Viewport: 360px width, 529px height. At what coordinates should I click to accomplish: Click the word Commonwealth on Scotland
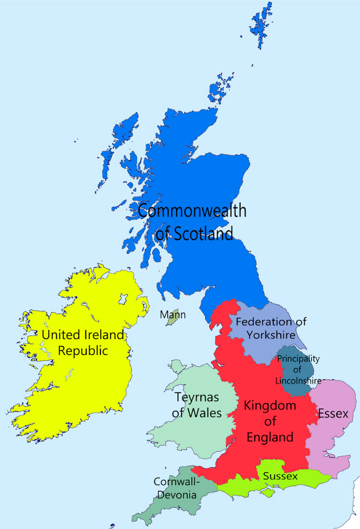tap(192, 211)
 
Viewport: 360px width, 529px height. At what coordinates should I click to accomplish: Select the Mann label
tap(173, 315)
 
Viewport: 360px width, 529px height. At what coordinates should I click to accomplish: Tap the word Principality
tap(298, 359)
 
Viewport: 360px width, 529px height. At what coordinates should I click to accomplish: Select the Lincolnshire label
tap(298, 381)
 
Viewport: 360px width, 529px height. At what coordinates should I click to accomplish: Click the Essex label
tap(333, 413)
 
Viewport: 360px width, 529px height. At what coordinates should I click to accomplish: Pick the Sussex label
tap(280, 476)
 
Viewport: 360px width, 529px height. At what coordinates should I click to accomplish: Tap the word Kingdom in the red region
tap(270, 406)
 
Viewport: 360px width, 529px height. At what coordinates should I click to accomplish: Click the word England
tap(269, 437)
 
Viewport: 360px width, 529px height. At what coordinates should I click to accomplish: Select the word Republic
tap(82, 351)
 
